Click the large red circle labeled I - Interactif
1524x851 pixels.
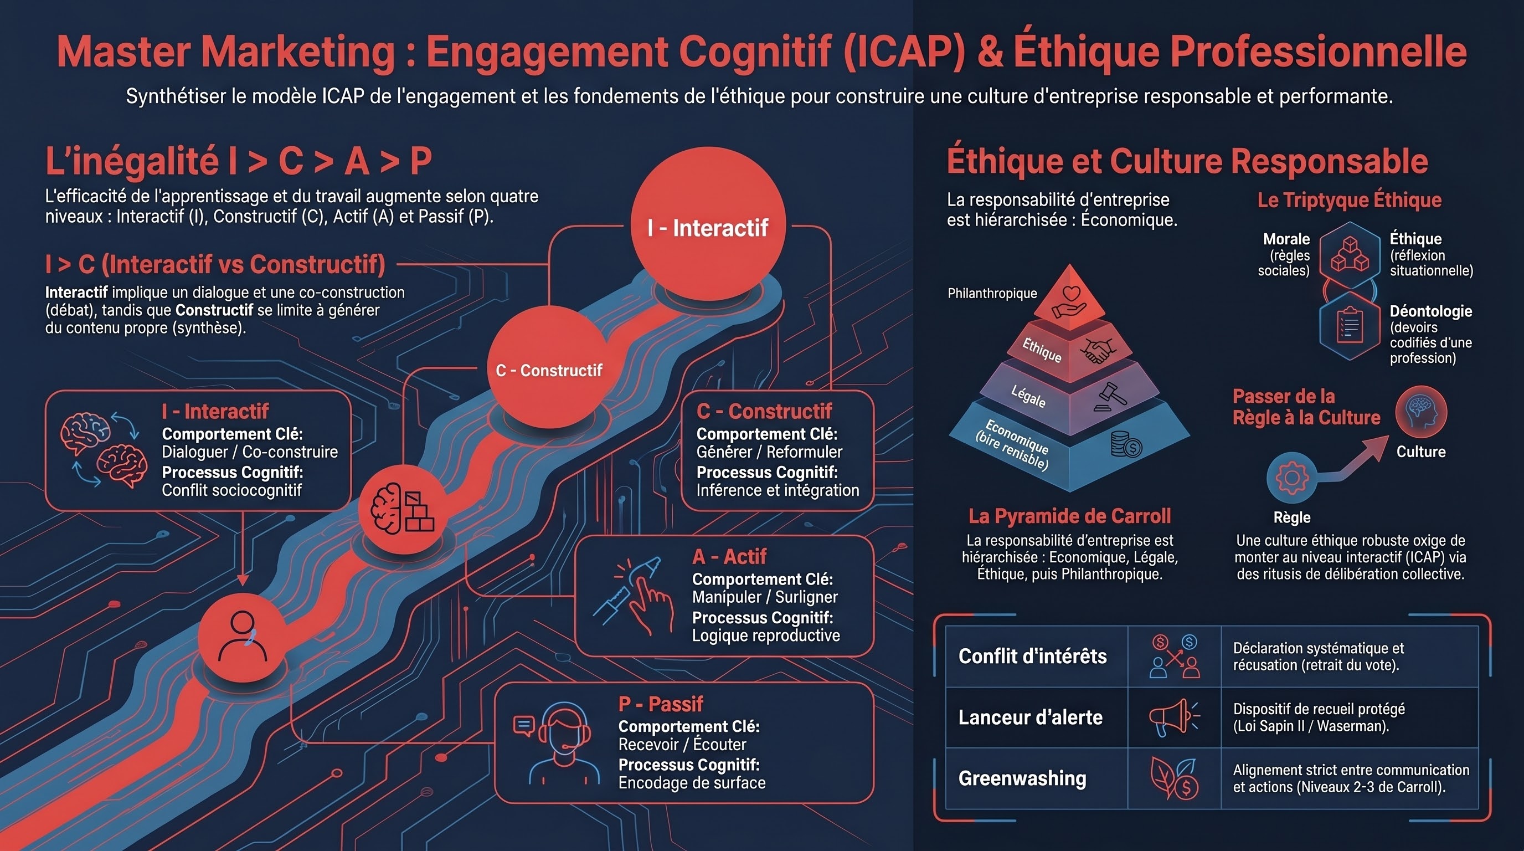(708, 224)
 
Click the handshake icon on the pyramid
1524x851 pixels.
(1098, 350)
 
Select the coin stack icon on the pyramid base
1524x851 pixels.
(1125, 444)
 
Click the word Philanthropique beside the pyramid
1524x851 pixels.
(992, 293)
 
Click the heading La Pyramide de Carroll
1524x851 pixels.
(1070, 516)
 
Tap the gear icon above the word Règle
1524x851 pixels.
(1292, 478)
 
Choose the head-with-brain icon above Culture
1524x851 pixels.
(1421, 412)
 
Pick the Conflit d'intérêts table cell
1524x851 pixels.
(1032, 657)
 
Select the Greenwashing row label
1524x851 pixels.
(1022, 778)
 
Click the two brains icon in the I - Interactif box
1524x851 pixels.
(104, 450)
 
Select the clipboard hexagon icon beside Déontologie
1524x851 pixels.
(1350, 325)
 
